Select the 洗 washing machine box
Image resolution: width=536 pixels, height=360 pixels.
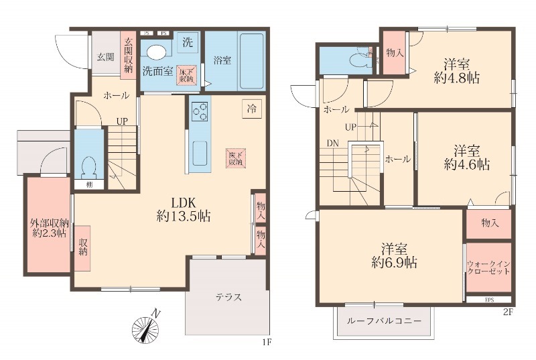tap(188, 42)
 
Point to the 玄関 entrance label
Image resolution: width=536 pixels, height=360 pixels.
tap(104, 56)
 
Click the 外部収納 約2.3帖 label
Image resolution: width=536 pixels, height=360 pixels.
tap(48, 228)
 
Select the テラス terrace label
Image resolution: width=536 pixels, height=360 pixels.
tap(228, 298)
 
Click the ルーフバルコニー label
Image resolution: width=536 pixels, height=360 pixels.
tap(384, 321)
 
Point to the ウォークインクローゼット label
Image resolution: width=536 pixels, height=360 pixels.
tap(488, 269)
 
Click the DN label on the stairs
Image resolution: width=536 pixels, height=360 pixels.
tap(333, 143)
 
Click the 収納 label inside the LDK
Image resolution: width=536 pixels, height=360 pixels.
tap(83, 247)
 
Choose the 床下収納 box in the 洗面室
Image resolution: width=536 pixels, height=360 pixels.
tap(186, 74)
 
